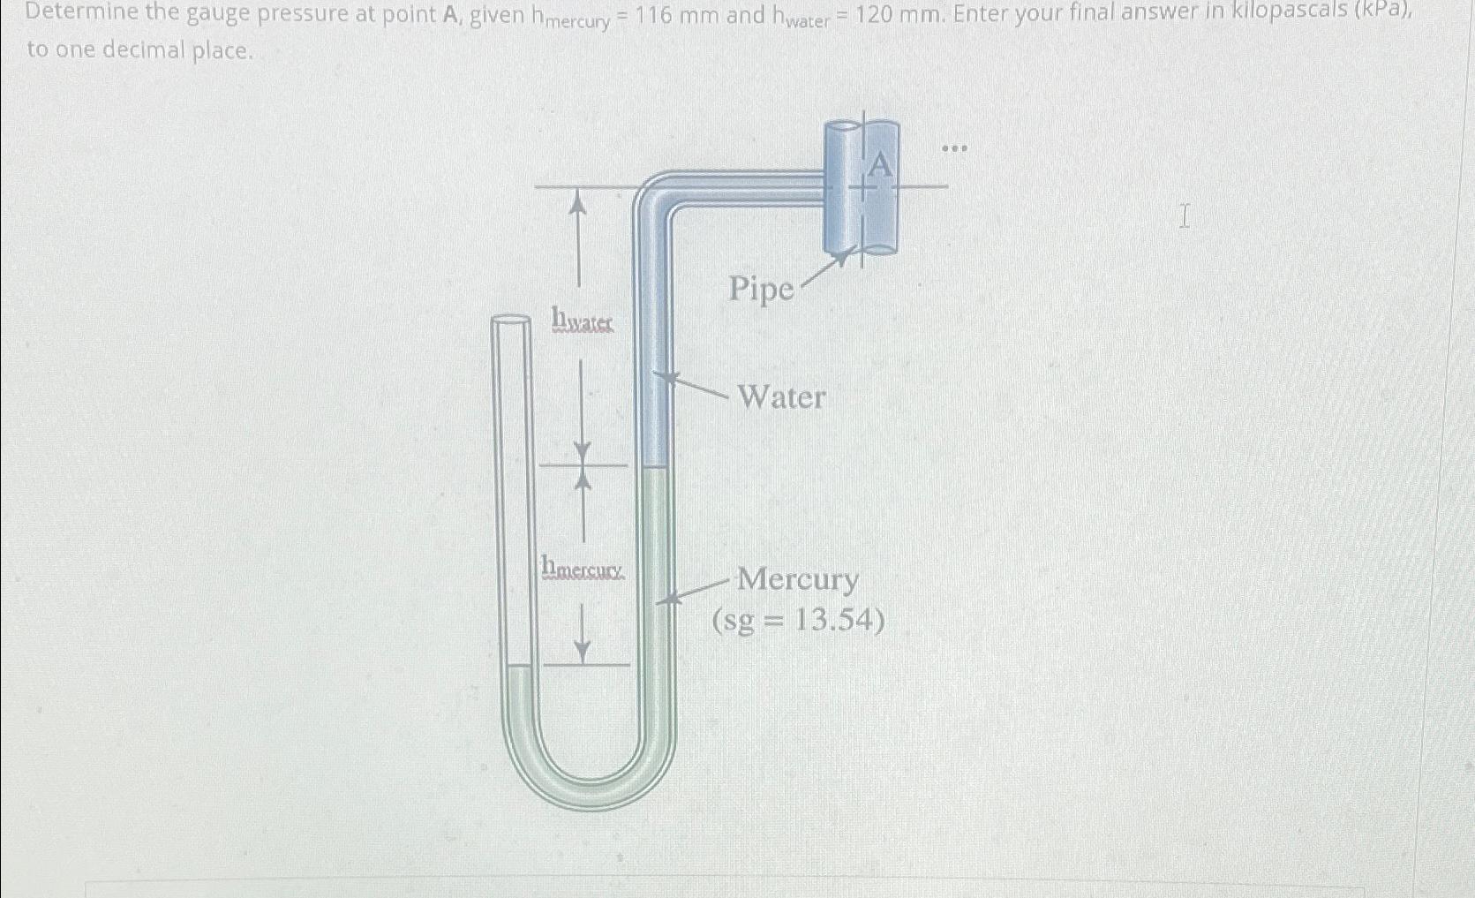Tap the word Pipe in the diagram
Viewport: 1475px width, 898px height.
pos(761,289)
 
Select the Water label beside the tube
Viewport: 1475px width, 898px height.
pos(781,397)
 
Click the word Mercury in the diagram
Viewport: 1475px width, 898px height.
pos(797,579)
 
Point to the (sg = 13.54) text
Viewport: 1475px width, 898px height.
pos(799,621)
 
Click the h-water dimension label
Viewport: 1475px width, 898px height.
pos(582,320)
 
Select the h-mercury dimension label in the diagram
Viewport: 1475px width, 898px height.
pos(583,566)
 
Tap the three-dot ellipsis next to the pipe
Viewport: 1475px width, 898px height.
pos(954,148)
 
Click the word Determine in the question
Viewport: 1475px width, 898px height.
pos(78,14)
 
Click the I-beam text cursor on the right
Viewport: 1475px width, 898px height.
pos(1185,215)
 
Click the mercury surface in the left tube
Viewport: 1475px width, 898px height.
pos(520,667)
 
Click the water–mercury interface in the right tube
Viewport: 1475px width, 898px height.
pos(656,467)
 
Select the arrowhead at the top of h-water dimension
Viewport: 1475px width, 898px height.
pos(578,203)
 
